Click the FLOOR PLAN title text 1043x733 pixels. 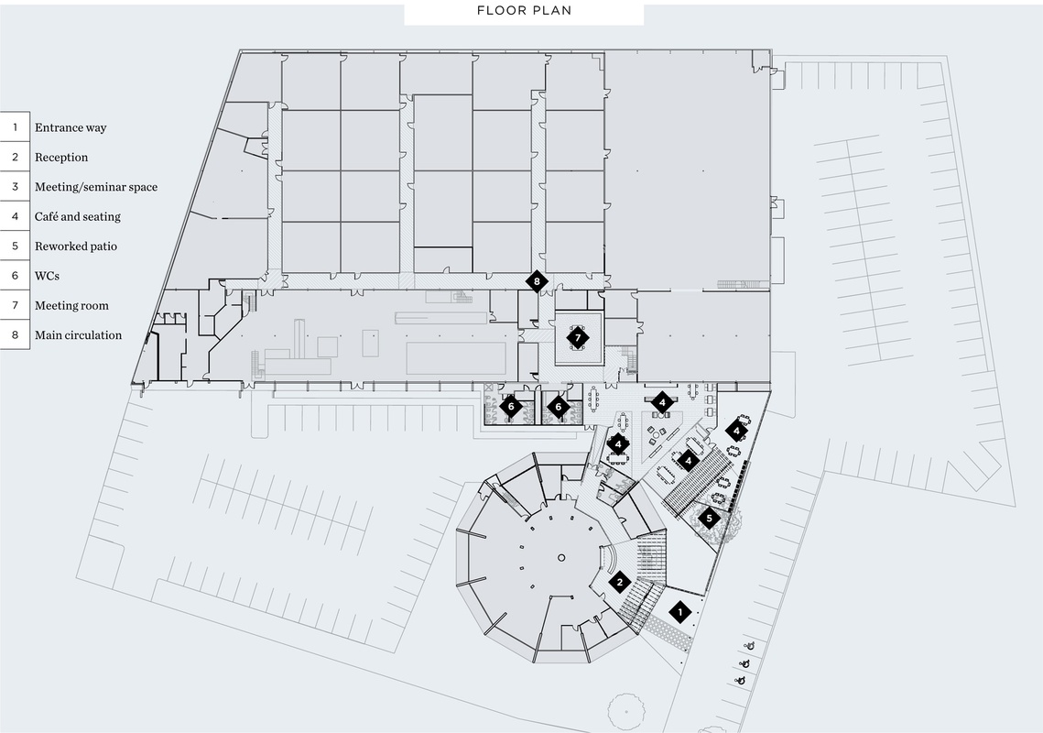[524, 12]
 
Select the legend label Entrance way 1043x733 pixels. [71, 128]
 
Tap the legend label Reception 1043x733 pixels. [61, 158]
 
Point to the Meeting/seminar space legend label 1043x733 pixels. [96, 187]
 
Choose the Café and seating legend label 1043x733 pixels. [78, 217]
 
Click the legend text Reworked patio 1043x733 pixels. [76, 246]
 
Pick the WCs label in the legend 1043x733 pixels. [48, 276]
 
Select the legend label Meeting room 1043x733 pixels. [71, 306]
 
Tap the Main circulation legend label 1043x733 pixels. [78, 335]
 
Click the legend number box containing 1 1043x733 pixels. [15, 128]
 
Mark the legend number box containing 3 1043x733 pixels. [15, 187]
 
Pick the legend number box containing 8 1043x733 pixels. [15, 335]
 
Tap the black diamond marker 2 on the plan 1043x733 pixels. [620, 582]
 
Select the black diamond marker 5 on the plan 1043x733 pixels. [708, 519]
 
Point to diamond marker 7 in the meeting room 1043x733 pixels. [577, 337]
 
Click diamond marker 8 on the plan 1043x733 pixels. [537, 281]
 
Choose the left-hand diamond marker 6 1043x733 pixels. [511, 406]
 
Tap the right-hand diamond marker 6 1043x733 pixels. [558, 406]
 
